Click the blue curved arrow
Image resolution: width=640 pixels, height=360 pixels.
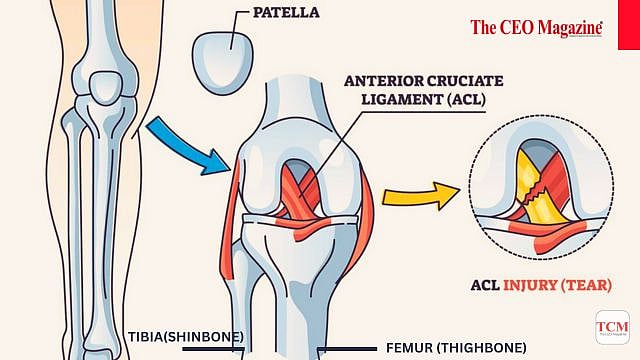pyautogui.click(x=185, y=146)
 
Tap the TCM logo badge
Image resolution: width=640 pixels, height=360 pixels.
pyautogui.click(x=612, y=327)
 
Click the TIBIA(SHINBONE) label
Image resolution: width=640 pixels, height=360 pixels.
pyautogui.click(x=186, y=336)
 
